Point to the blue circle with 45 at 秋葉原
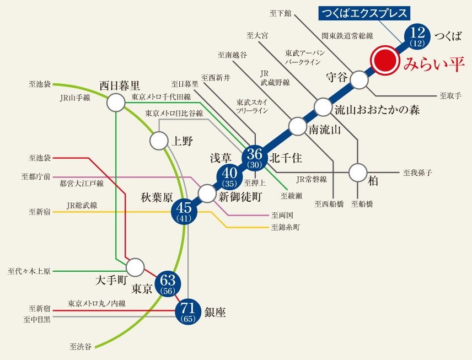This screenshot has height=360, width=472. tap(184, 211)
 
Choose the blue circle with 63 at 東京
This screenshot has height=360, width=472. tap(167, 283)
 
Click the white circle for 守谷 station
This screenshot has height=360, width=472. tap(359, 80)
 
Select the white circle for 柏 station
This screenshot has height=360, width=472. tap(358, 173)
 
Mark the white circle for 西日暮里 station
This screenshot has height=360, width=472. tap(116, 102)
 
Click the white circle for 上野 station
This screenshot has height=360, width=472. tap(158, 140)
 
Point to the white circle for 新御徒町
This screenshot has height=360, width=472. tap(206, 193)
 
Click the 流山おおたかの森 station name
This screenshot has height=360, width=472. tap(377, 110)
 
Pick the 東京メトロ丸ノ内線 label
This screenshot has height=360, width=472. tap(97, 303)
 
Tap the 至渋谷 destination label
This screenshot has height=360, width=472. tap(81, 347)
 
